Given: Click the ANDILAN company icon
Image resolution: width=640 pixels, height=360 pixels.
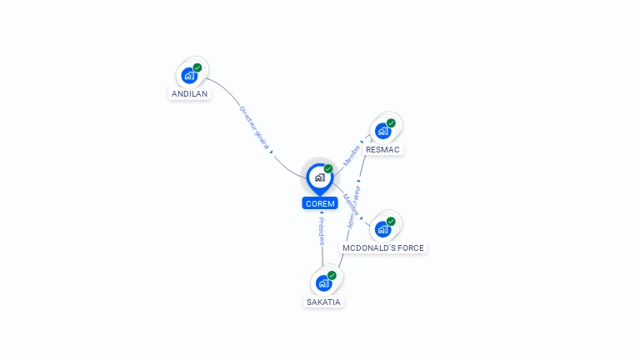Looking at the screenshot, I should point(189,76).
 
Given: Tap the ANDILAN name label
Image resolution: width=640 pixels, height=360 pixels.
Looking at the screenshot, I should point(189,94).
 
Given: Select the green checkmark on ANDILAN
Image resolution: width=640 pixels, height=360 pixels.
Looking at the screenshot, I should point(197,67).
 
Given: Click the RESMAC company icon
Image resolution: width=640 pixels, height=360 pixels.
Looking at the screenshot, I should point(382,131).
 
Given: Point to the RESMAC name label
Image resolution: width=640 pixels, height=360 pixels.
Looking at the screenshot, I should point(382,150).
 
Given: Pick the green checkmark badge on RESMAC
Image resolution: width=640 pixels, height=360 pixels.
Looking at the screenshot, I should point(391,123).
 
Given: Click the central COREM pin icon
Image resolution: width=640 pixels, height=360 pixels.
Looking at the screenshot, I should point(319,177).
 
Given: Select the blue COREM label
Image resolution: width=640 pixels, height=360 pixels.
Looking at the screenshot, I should point(320,203).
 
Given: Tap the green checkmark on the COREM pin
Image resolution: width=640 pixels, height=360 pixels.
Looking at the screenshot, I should point(328,168).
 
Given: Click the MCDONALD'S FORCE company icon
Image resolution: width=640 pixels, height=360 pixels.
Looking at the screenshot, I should point(382,229).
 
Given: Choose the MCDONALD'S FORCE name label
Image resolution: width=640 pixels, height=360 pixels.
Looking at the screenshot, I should point(382,248).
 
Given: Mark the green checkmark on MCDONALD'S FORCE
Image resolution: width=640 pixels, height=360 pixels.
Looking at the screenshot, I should point(391,222).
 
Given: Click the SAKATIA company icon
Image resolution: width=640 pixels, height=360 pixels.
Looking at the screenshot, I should point(323,283).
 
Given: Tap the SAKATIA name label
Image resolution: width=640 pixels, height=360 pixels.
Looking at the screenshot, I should point(323,302).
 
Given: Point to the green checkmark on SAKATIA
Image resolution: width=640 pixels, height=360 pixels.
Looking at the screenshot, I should point(332,275).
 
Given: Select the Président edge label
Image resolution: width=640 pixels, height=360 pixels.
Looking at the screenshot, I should point(322,231).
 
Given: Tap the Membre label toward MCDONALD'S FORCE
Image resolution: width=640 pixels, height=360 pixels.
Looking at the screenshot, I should point(349,205).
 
